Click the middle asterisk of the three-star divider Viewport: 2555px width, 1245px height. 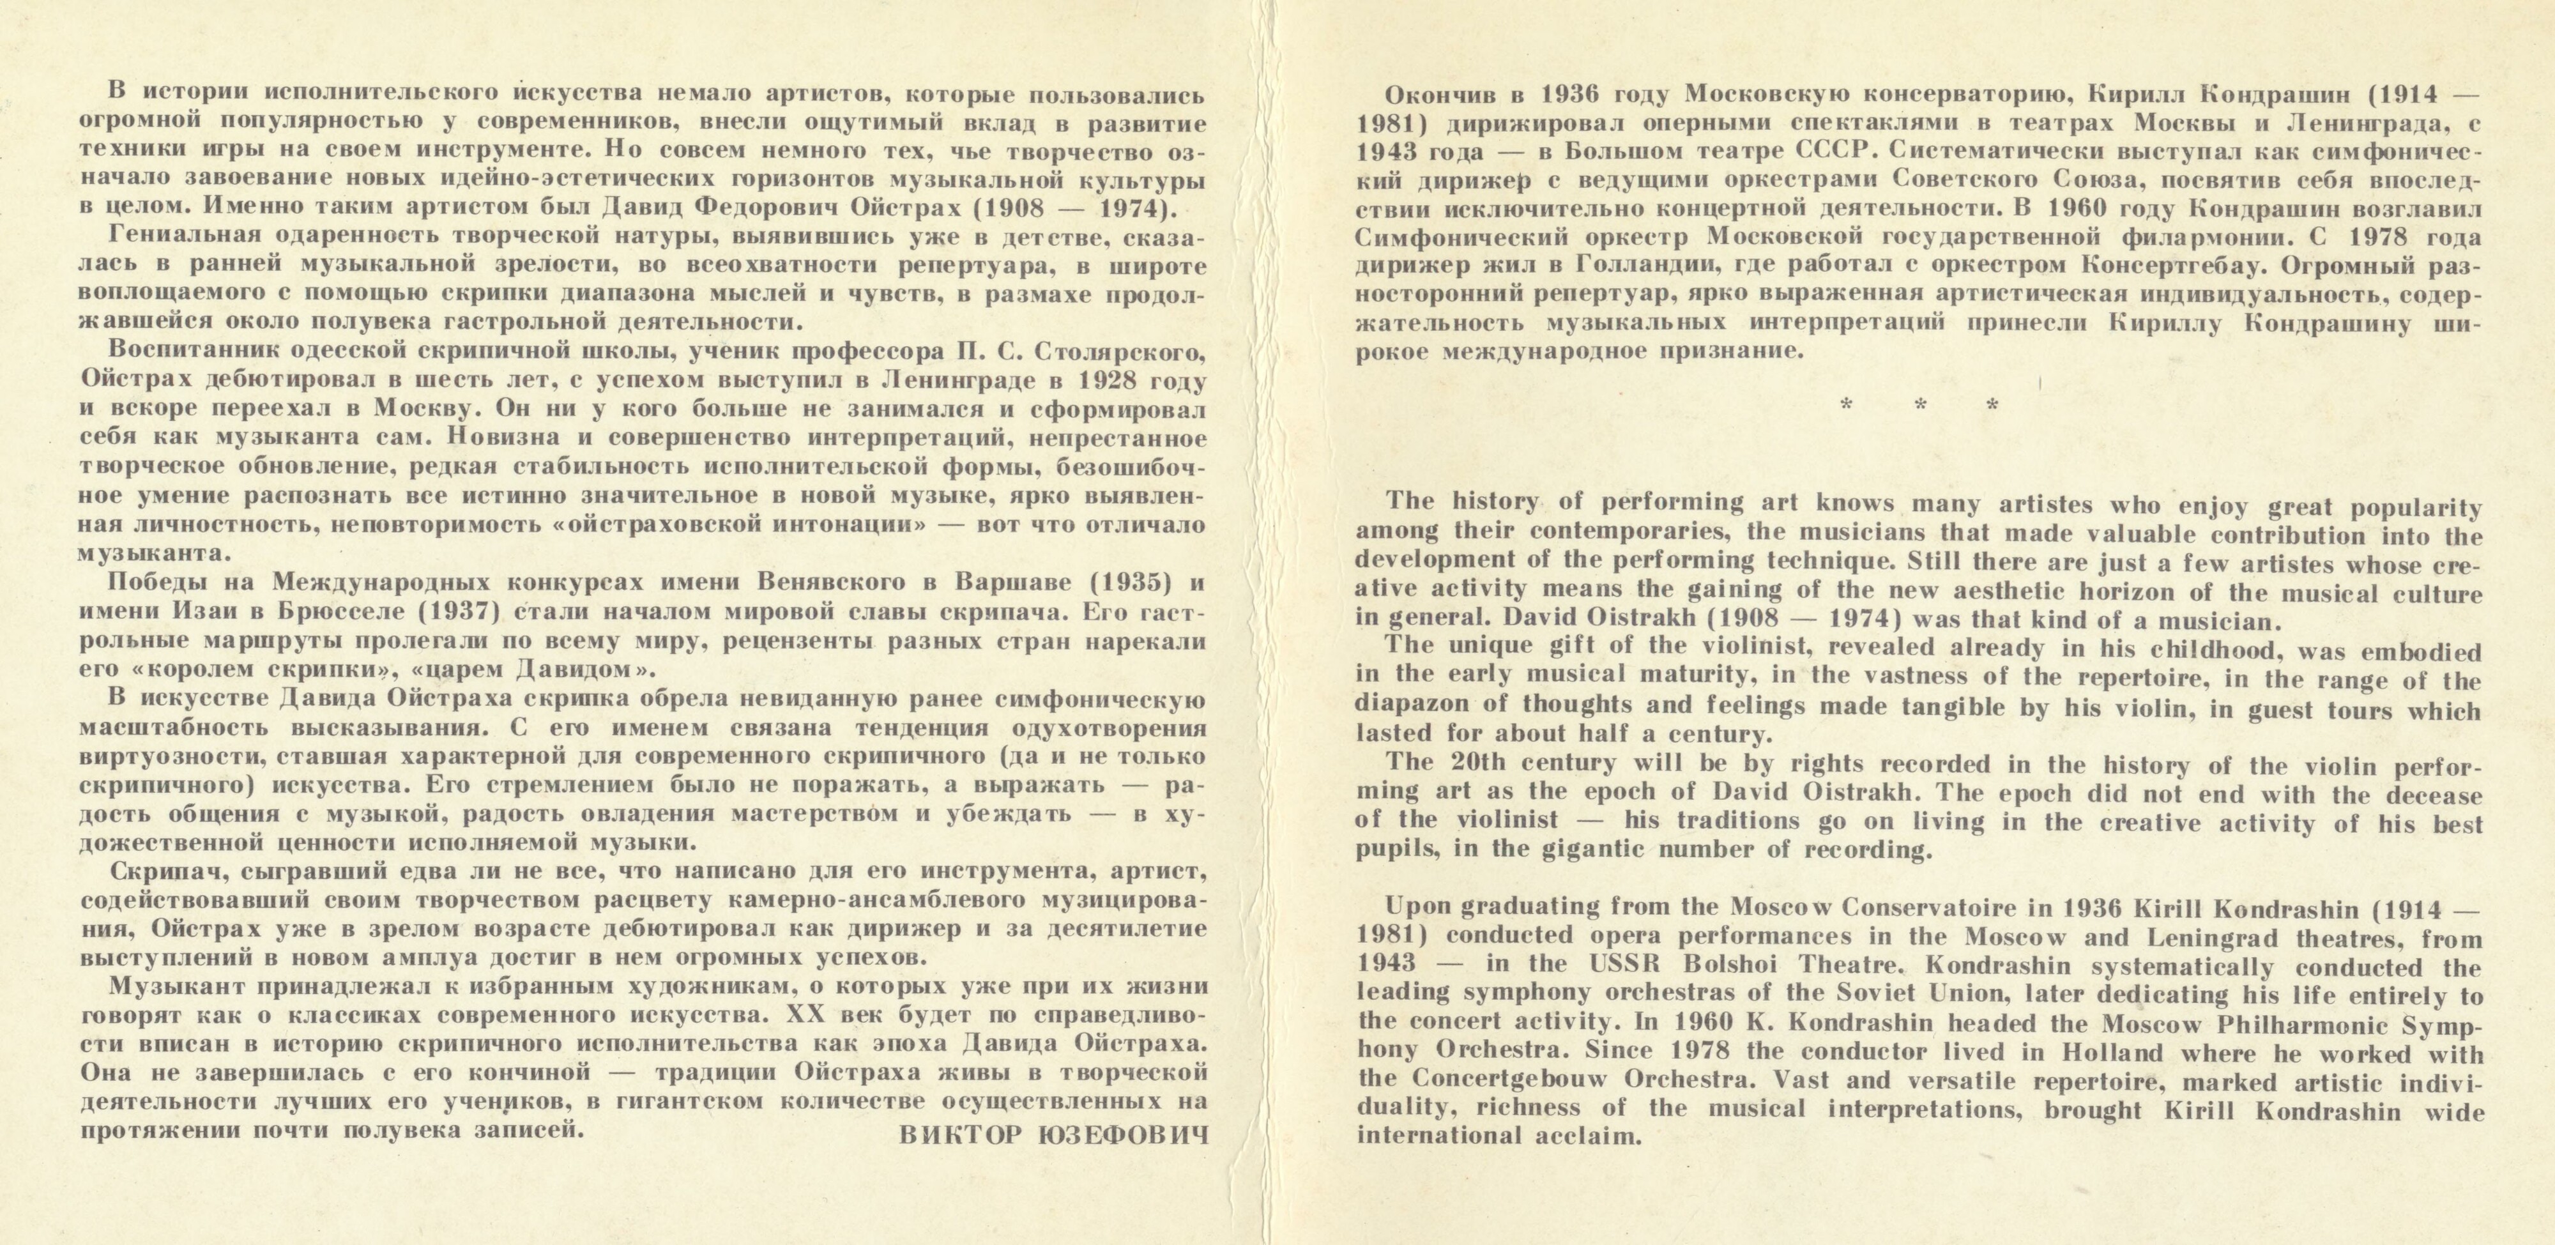[x=1919, y=406]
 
